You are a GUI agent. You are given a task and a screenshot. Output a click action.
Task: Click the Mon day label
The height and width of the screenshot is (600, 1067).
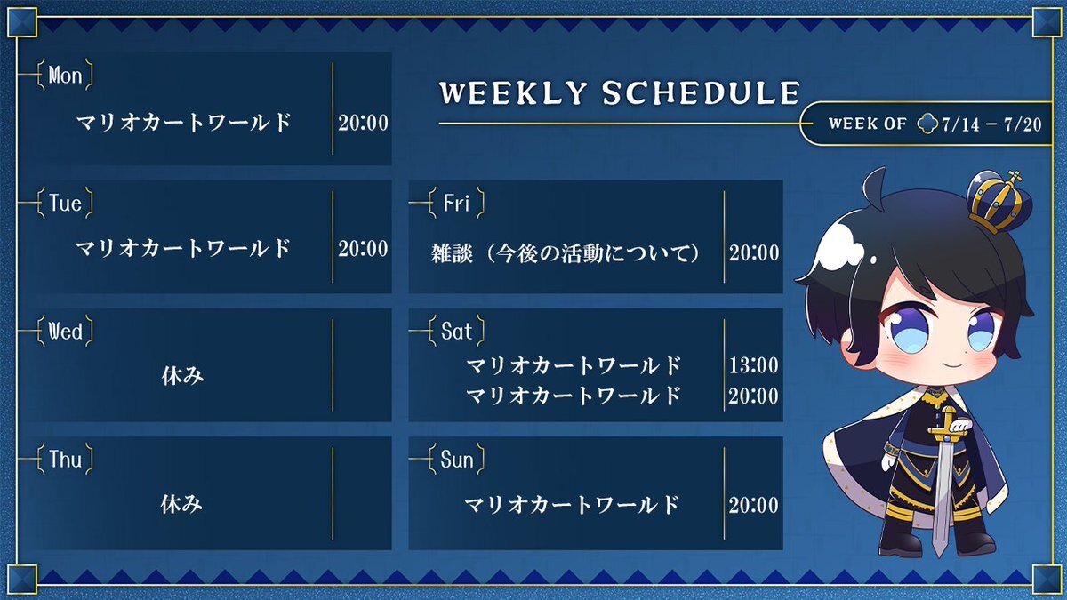65,76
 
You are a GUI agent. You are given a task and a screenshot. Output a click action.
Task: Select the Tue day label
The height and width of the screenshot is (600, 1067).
65,204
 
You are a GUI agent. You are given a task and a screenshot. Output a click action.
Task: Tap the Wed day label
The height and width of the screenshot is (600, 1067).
65,332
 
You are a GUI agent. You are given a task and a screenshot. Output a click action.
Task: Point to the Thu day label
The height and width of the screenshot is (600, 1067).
65,460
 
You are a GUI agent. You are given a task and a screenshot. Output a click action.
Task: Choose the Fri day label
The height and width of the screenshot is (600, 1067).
456,204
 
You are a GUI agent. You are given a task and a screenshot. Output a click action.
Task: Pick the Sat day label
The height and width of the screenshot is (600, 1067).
456,332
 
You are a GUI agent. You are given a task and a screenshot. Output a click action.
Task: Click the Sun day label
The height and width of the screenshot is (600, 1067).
456,460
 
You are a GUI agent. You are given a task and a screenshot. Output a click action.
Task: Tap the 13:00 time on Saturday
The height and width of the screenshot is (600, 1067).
754,365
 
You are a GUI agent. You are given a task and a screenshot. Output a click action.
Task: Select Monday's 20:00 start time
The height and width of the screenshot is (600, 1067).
363,123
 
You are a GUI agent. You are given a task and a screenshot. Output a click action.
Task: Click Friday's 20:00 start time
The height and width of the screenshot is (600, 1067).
754,252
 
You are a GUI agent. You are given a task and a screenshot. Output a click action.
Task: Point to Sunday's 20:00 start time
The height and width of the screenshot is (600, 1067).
754,505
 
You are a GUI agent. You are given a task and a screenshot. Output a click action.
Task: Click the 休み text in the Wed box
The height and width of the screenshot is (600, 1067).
182,376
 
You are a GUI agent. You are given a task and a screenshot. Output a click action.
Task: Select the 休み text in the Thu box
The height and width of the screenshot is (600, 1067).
181,504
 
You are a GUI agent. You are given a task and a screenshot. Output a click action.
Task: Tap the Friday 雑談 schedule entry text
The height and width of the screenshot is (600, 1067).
565,252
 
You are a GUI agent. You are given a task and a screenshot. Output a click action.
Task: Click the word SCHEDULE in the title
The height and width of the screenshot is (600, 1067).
701,92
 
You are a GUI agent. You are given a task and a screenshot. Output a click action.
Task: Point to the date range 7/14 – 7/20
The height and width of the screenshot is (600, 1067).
991,124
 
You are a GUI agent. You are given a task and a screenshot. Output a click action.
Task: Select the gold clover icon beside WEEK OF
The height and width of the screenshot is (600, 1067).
927,124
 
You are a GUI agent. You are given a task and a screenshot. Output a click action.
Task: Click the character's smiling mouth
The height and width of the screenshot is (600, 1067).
951,366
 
